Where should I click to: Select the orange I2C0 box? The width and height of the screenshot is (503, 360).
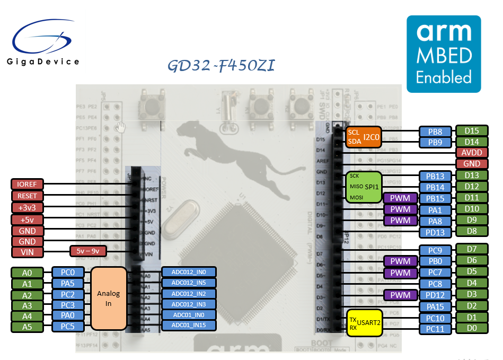(x=363, y=137)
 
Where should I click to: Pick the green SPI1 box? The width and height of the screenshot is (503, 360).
(x=363, y=187)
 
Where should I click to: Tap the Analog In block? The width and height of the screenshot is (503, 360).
(x=108, y=298)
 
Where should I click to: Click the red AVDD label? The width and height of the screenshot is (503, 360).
(x=471, y=153)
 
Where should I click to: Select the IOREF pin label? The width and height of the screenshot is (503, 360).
(x=27, y=184)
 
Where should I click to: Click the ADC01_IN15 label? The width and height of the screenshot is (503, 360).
(x=189, y=325)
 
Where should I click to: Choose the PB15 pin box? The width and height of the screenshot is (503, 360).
(x=435, y=198)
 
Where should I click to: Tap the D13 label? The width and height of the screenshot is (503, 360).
(x=471, y=175)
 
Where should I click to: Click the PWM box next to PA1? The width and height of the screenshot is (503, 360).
(x=400, y=209)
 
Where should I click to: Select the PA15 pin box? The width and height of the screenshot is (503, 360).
(x=435, y=306)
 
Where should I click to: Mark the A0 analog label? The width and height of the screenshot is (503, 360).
(x=27, y=273)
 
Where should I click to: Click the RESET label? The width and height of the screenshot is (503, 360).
(x=27, y=196)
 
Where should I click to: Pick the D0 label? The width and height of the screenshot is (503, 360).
(x=471, y=329)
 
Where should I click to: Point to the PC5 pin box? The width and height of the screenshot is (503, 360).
(x=67, y=326)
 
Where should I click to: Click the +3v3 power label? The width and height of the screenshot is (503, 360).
(x=27, y=207)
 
